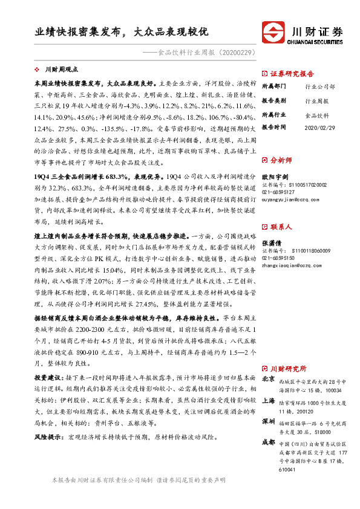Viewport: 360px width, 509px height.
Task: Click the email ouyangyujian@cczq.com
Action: [x=287, y=198]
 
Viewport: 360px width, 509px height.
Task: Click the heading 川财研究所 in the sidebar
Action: [x=288, y=368]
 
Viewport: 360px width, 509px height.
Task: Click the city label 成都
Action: [x=269, y=443]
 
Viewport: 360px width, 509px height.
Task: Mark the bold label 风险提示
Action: [x=50, y=436]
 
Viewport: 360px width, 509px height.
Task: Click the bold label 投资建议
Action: [x=50, y=377]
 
